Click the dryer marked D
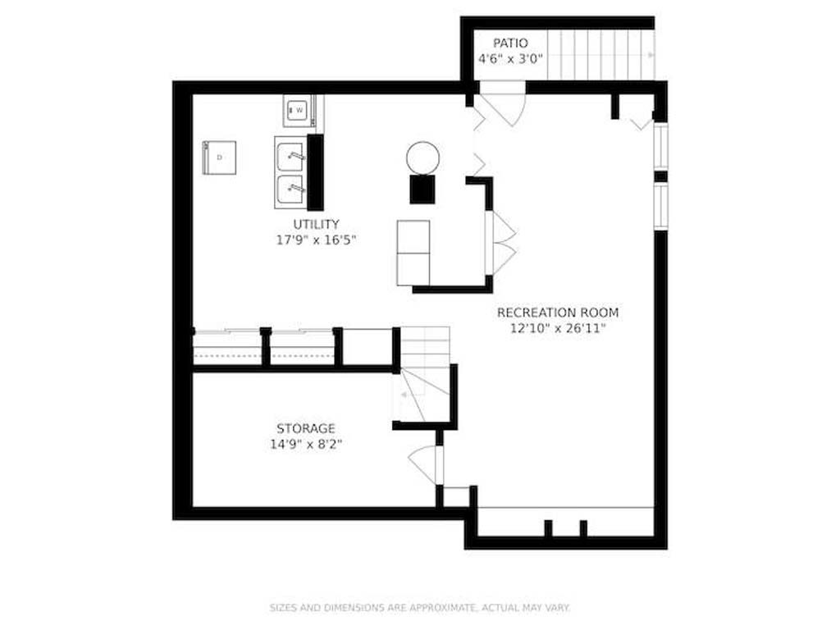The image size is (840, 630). (219, 157)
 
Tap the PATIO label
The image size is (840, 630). (510, 43)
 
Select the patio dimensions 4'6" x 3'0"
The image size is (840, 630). (510, 59)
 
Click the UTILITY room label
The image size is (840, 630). (316, 224)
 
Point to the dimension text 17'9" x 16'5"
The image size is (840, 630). (316, 240)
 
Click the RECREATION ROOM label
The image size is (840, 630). (558, 313)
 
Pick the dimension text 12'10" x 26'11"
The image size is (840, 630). (558, 328)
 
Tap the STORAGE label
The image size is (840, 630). (306, 428)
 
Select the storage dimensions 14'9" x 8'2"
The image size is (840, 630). (306, 444)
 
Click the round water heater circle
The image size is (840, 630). (422, 158)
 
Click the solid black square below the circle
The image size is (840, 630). (422, 189)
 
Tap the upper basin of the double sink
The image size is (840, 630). (290, 157)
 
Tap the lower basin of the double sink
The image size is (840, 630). (290, 189)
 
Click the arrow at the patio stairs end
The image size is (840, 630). (651, 55)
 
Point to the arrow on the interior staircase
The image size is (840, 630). (404, 395)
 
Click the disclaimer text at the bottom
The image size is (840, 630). (420, 608)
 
